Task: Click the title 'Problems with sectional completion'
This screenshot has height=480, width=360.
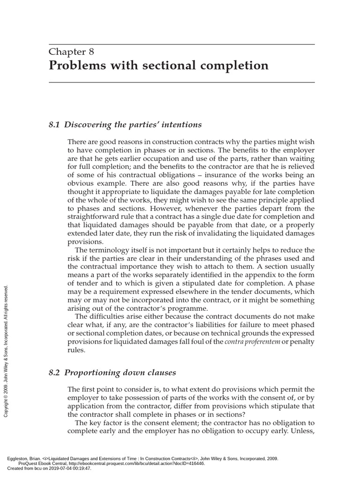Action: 159,65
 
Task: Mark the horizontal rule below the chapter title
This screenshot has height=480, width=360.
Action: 181,82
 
